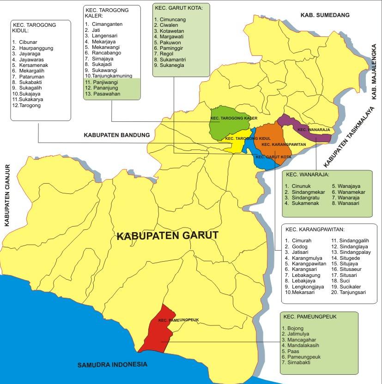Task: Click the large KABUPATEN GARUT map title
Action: (167, 235)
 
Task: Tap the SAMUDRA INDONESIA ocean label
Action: (112, 365)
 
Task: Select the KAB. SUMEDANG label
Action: (325, 15)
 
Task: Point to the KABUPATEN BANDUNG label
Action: (117, 135)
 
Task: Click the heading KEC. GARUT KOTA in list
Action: (175, 8)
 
